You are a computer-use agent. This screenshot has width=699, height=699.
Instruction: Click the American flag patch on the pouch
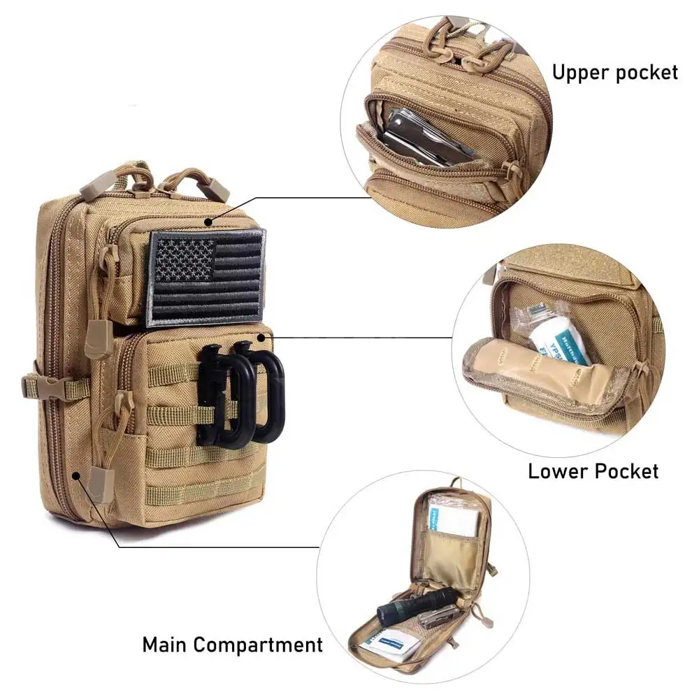pos(206,278)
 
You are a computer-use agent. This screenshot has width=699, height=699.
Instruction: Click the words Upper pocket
pos(615,72)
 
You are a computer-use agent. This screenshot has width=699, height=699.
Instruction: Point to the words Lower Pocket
pos(593,470)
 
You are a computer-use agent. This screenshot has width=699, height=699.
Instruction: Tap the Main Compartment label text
pos(233,644)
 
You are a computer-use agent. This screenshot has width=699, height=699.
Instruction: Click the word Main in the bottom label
pos(166,644)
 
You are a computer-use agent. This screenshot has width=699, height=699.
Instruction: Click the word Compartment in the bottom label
pos(259,644)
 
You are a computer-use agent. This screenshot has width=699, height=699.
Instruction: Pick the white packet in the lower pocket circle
pos(559,336)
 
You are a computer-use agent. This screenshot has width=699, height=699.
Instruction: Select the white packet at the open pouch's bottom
pos(391,642)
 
